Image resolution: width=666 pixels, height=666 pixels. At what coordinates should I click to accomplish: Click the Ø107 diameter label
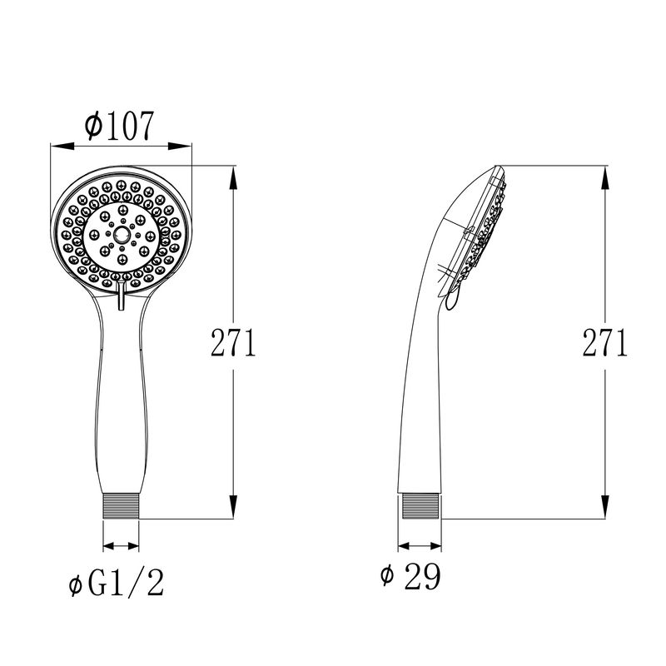pos(118,126)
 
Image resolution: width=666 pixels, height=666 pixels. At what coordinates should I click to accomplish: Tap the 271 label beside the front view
pos(233,342)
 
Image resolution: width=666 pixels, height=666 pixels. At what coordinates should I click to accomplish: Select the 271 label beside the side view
pos(605,342)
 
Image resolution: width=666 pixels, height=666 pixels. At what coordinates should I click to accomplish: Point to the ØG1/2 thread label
pos(116,583)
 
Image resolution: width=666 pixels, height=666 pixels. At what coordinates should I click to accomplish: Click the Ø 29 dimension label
pos(410,575)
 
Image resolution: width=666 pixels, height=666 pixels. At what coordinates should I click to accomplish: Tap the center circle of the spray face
pos(122,234)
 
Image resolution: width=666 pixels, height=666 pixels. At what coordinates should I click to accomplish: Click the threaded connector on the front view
pos(121,506)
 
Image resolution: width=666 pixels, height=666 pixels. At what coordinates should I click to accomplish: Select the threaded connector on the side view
pos(420,506)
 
